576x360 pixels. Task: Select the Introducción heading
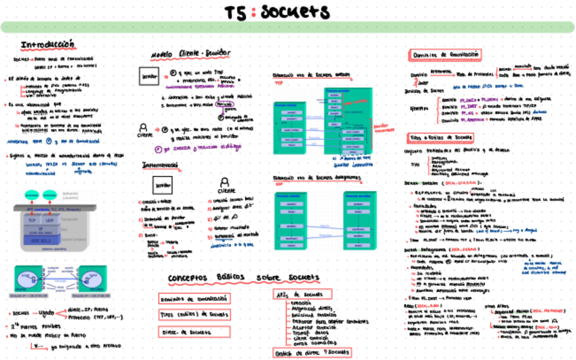[48, 45]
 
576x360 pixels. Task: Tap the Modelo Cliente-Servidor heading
[190, 54]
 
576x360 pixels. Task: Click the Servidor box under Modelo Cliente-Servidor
[148, 77]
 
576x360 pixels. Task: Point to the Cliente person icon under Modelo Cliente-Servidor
[143, 128]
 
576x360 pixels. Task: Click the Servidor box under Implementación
[160, 185]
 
